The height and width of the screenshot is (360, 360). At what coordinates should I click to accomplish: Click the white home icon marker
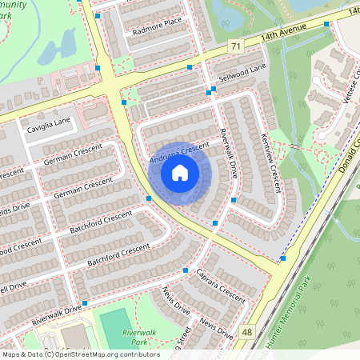pyautogui.click(x=180, y=173)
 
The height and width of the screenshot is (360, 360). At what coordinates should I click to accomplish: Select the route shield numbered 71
pyautogui.click(x=234, y=48)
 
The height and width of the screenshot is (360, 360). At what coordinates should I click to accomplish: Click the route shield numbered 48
pyautogui.click(x=247, y=331)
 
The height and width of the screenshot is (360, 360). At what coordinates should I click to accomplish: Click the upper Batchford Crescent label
pyautogui.click(x=101, y=220)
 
